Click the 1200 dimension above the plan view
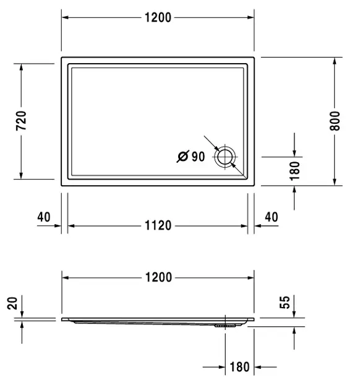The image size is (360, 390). [x=158, y=18]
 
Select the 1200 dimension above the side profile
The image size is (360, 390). [x=158, y=277]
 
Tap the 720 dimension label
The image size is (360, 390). [x=21, y=121]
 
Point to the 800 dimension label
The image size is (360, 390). [x=335, y=121]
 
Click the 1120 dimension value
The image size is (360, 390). [x=158, y=225]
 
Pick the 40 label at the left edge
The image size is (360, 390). [x=44, y=217]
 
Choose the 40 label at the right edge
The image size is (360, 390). [x=272, y=217]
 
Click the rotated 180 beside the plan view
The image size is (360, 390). [x=295, y=171]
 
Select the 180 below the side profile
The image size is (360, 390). [x=239, y=367]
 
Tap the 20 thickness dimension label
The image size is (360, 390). [x=12, y=303]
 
